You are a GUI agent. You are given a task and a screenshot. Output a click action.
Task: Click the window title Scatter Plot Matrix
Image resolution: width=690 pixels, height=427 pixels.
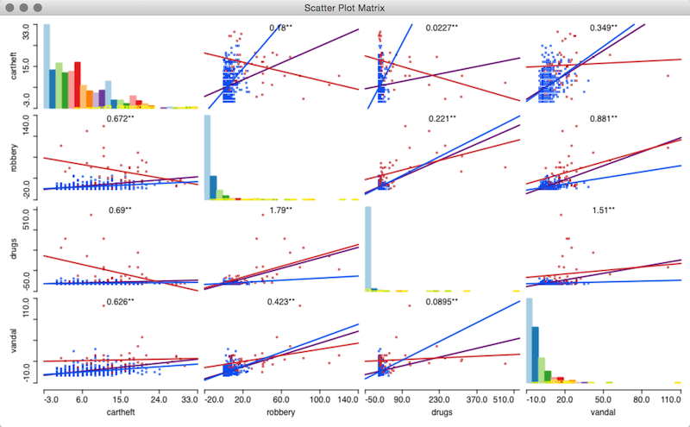click(345, 8)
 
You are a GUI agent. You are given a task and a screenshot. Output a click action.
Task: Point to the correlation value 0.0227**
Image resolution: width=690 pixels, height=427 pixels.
click(442, 28)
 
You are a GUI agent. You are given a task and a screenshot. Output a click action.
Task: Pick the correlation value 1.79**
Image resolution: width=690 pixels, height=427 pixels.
click(279, 210)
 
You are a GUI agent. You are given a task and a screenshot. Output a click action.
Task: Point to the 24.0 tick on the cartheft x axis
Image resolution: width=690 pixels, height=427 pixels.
click(158, 400)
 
